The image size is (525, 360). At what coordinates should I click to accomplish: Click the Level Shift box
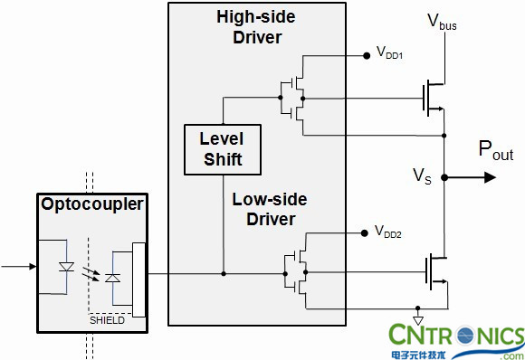click(x=223, y=149)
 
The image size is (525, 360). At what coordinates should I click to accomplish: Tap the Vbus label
click(x=442, y=22)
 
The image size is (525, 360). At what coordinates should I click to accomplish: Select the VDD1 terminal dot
click(x=367, y=56)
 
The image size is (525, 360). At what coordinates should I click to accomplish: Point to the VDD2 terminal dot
click(x=365, y=233)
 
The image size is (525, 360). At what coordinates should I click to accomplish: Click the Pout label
click(x=496, y=149)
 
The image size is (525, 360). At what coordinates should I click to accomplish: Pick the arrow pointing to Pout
click(x=471, y=177)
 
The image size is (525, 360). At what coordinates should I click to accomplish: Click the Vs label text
click(x=422, y=175)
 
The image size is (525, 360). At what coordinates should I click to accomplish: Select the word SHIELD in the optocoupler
click(x=107, y=320)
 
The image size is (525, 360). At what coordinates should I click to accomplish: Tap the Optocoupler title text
click(x=92, y=204)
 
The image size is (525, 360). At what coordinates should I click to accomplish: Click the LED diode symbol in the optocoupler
click(x=66, y=267)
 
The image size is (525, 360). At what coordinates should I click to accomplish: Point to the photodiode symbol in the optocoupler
click(x=113, y=278)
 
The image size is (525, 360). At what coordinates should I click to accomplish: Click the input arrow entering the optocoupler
click(x=19, y=267)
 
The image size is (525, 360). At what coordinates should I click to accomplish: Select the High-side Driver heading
click(x=256, y=27)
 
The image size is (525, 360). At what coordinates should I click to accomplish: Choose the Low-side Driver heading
click(x=270, y=210)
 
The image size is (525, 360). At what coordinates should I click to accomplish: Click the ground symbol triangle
click(x=418, y=320)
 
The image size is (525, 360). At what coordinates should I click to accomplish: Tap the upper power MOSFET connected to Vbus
click(x=434, y=98)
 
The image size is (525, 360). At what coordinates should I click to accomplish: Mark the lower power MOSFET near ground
click(x=437, y=272)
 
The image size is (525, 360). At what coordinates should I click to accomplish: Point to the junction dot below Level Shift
click(x=224, y=274)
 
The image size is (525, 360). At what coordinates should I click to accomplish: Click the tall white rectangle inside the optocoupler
click(x=139, y=279)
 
